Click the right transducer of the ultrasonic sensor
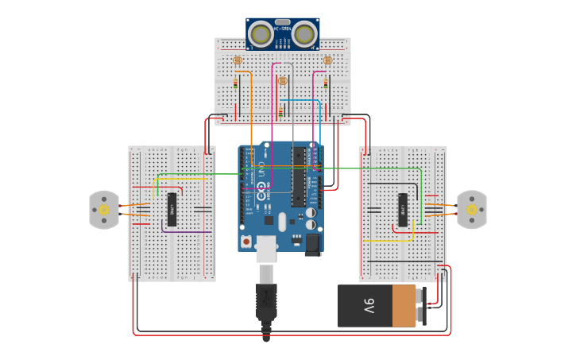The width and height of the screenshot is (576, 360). [304, 34]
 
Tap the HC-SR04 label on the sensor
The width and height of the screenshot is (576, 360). [282, 29]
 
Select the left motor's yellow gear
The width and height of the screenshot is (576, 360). [104, 210]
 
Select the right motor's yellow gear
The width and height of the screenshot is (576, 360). [472, 210]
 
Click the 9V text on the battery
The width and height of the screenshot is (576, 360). [369, 306]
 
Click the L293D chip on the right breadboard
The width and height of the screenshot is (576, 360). [403, 210]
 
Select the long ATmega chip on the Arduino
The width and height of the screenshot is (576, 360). [299, 177]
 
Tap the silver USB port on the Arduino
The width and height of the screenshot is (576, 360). [267, 249]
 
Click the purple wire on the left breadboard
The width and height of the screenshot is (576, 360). [187, 231]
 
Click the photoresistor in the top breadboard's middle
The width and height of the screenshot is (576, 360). [282, 80]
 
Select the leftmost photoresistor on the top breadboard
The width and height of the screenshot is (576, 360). [237, 60]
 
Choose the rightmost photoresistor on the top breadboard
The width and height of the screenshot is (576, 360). [327, 60]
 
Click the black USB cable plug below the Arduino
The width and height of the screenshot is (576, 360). [266, 302]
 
